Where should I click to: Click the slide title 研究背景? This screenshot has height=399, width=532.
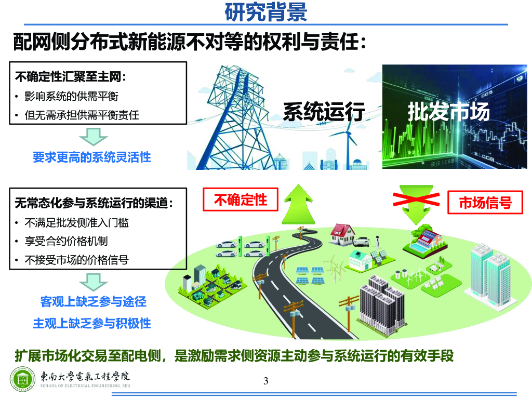[x=265, y=12]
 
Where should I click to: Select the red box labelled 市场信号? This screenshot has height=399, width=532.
[x=485, y=203]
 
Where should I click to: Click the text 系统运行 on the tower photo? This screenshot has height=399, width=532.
[x=324, y=112]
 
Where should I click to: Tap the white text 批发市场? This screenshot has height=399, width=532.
[x=448, y=112]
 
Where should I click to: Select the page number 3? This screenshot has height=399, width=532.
[x=266, y=381]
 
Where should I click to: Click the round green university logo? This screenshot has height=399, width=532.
[x=22, y=379]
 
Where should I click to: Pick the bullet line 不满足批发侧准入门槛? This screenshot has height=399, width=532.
[x=77, y=223]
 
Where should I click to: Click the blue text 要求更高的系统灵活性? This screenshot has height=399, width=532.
[x=92, y=157]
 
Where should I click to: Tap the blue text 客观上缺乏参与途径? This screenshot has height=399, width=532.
[x=94, y=301]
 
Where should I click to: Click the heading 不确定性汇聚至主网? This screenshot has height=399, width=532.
[x=70, y=77]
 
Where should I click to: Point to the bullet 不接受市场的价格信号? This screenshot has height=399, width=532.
[x=77, y=260]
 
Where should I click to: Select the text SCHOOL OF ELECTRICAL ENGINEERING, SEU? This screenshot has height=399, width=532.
[x=86, y=386]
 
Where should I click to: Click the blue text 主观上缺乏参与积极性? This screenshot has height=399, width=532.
[x=92, y=323]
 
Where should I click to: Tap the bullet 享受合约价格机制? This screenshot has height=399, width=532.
[x=66, y=242]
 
